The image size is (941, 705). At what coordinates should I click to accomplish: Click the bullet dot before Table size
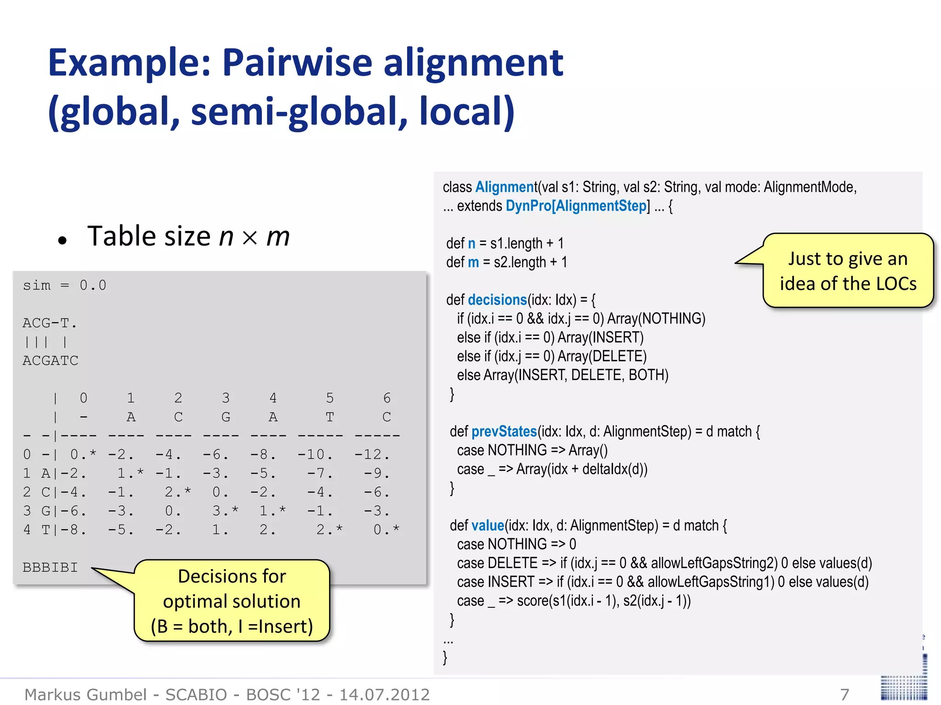pyautogui.click(x=63, y=240)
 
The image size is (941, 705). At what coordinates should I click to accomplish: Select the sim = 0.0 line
pyautogui.click(x=65, y=285)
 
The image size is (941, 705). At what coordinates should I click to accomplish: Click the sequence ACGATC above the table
pyautogui.click(x=51, y=361)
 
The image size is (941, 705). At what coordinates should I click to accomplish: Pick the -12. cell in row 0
pyautogui.click(x=372, y=454)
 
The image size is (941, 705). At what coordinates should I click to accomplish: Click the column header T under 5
pyautogui.click(x=329, y=417)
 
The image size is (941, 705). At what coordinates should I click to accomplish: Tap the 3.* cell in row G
pyautogui.click(x=225, y=511)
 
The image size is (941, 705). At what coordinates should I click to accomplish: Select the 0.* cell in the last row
pyautogui.click(x=385, y=530)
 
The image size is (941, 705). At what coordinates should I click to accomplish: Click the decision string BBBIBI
pyautogui.click(x=51, y=567)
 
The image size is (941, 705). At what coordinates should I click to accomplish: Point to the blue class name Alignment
pyautogui.click(x=506, y=187)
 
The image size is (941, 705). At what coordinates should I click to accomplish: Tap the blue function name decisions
pyautogui.click(x=497, y=300)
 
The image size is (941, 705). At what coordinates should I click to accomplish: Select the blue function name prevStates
pyautogui.click(x=504, y=431)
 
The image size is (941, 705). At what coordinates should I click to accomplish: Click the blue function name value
pyautogui.click(x=488, y=526)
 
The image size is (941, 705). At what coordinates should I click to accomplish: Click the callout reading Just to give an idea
pyautogui.click(x=848, y=271)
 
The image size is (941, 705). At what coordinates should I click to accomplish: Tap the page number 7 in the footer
pyautogui.click(x=845, y=694)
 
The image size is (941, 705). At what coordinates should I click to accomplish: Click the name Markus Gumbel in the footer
pyautogui.click(x=85, y=694)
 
